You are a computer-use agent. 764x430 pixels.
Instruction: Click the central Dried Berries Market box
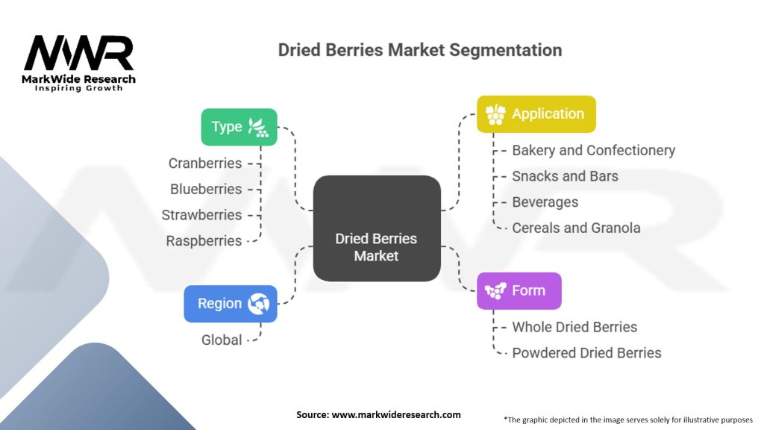tap(376, 228)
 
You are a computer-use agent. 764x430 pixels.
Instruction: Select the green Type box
tap(239, 127)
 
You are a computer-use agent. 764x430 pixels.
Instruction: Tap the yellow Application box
tap(536, 114)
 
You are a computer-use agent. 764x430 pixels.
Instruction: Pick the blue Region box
tap(230, 304)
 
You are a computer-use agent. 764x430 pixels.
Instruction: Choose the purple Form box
tap(519, 290)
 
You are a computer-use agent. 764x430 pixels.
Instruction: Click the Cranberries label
tap(205, 163)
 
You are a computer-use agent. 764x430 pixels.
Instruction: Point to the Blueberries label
tap(206, 189)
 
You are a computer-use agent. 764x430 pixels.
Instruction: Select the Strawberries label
tap(201, 215)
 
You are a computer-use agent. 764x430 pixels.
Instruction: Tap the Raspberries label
tap(204, 240)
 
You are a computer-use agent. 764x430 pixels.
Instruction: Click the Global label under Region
tap(222, 340)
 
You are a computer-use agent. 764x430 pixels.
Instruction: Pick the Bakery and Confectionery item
tap(593, 150)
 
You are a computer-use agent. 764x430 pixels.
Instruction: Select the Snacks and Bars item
tap(565, 176)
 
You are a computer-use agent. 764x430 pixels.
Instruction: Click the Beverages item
tap(545, 202)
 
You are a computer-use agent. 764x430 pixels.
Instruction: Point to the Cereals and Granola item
tap(576, 228)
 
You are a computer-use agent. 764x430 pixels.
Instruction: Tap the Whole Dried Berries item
tap(574, 327)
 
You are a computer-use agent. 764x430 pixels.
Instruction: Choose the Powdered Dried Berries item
tap(586, 352)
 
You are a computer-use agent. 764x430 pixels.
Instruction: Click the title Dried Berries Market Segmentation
tap(420, 50)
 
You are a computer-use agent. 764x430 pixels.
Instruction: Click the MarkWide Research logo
tap(78, 62)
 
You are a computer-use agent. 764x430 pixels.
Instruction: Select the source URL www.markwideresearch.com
tap(395, 414)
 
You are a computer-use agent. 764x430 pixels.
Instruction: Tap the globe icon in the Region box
tap(262, 304)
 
